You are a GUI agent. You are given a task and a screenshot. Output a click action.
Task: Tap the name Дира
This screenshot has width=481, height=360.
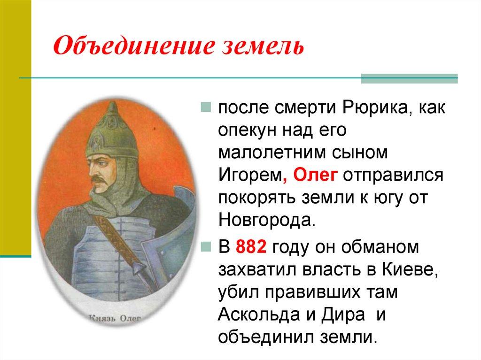tap(347, 314)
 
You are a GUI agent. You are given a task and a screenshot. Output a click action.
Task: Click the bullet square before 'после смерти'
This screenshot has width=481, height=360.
tap(207, 109)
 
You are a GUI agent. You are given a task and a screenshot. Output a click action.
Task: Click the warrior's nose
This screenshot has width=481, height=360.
tap(93, 169)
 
